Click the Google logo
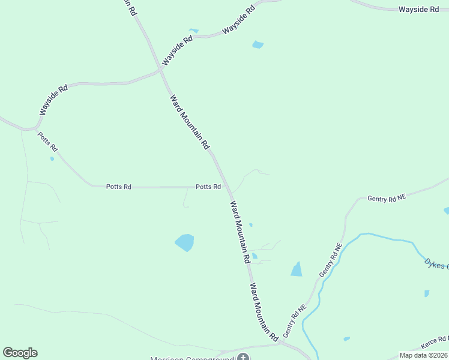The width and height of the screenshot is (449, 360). [x=20, y=353]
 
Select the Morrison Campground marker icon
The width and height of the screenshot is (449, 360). [x=243, y=358]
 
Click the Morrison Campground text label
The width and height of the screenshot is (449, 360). [x=192, y=358]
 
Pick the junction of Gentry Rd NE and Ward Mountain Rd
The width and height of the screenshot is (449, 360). [x=280, y=343]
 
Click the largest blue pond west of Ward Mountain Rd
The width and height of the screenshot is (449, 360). [x=185, y=242]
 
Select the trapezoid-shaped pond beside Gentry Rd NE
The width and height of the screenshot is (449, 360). [x=297, y=269]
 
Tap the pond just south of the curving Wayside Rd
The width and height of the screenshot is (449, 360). [x=258, y=44]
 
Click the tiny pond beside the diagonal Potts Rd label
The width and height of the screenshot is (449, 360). [x=52, y=158]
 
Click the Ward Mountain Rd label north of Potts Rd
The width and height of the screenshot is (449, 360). [x=189, y=122]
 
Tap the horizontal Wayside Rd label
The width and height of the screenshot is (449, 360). [x=419, y=9]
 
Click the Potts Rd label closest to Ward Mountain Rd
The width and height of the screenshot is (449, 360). [x=208, y=187]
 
